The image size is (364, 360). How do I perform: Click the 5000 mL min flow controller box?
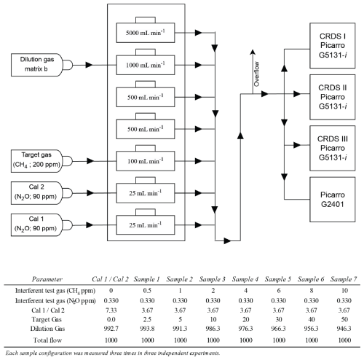(146, 33)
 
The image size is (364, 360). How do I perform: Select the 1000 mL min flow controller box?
(146, 65)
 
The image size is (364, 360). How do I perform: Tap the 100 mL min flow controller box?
(146, 161)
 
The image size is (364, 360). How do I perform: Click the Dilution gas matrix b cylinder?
(41, 65)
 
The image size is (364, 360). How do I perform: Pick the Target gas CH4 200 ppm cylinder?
(41, 161)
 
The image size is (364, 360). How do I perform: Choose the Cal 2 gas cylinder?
(41, 193)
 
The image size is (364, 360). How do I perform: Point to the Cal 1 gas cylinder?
(41, 225)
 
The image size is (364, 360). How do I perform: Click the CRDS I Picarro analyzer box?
(333, 46)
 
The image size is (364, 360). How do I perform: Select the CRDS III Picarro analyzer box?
(333, 148)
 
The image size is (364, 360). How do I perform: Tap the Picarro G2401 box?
(333, 200)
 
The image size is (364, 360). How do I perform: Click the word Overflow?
(256, 74)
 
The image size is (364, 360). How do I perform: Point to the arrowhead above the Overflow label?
(253, 52)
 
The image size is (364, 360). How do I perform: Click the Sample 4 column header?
(245, 279)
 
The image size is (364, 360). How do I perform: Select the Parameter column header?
(47, 279)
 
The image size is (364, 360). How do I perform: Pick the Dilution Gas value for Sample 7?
(344, 329)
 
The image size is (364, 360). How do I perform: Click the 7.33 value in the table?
(111, 310)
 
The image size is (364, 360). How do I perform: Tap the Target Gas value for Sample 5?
(279, 319)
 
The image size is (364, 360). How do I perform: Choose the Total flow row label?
(47, 340)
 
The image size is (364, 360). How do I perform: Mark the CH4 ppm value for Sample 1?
(147, 291)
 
